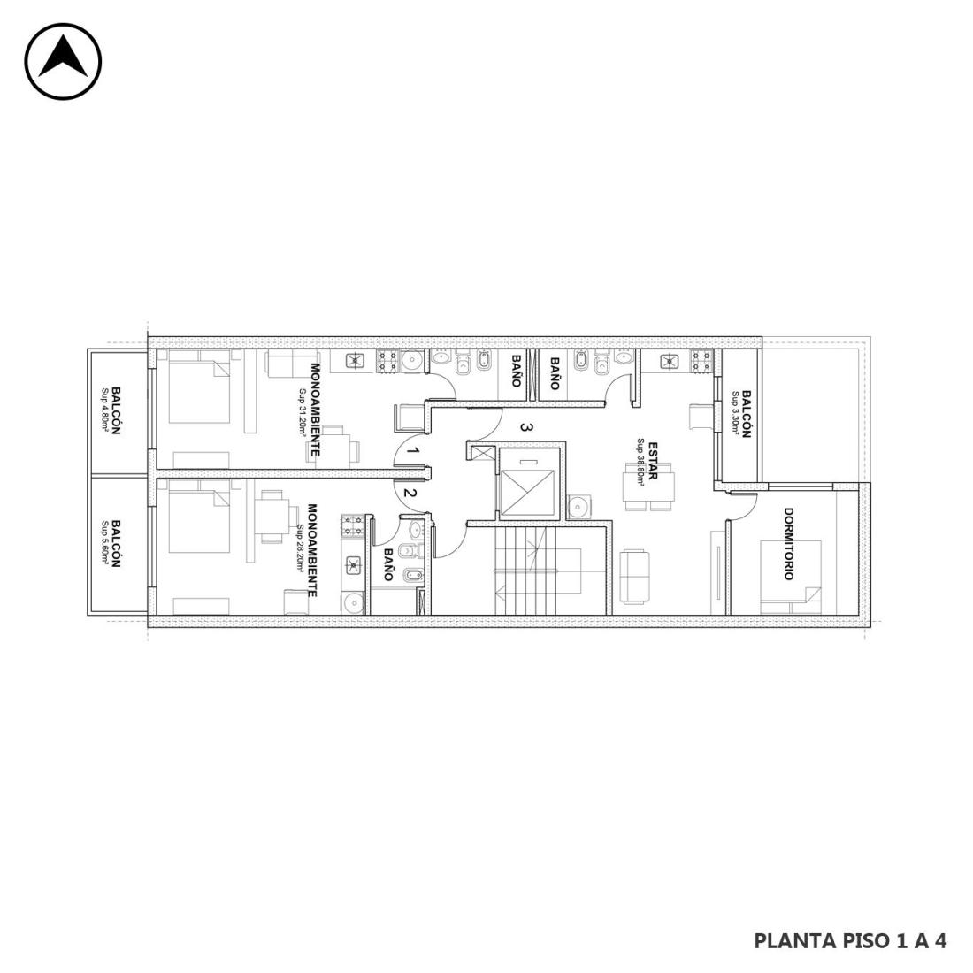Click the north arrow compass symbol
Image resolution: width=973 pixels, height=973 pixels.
tap(64, 61)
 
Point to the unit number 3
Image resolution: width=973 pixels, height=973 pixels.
tap(525, 427)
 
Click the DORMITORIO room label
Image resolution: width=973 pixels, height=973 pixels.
tap(788, 544)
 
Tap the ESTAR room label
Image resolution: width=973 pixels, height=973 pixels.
tap(653, 461)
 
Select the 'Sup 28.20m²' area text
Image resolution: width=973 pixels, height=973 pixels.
tap(301, 548)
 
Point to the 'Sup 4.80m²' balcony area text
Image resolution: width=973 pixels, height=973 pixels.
tap(105, 410)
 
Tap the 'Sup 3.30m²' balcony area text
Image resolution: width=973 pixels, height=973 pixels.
tap(736, 413)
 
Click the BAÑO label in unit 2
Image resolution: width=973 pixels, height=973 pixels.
tap(388, 563)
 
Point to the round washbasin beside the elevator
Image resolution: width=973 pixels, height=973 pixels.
tap(579, 506)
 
